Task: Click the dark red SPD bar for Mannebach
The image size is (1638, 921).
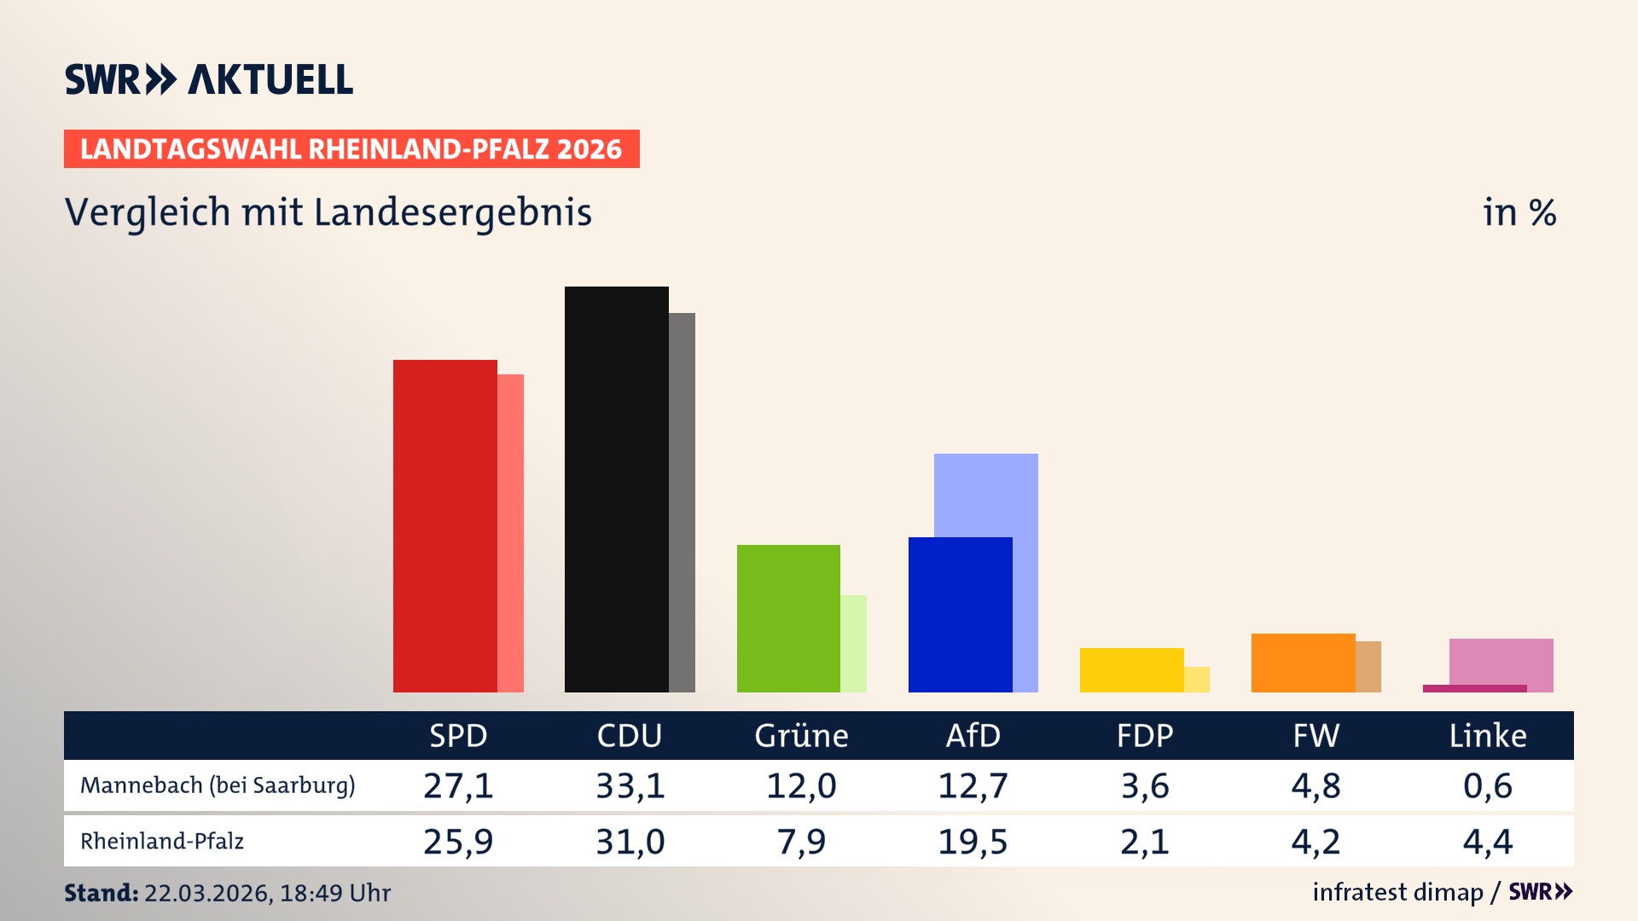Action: (444, 525)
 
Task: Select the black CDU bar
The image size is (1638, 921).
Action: (616, 489)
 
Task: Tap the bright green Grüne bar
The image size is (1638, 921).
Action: (788, 618)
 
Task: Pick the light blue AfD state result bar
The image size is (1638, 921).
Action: (986, 495)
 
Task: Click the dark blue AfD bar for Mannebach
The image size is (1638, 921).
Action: (960, 614)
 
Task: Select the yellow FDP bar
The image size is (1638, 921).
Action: (1131, 669)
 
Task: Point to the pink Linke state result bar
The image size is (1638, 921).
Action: (1501, 661)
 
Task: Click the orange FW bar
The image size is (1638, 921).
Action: (1303, 663)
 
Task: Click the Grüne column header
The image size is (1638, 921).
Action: (801, 735)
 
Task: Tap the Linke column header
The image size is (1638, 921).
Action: (1488, 735)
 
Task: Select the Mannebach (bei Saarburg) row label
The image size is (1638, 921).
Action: (218, 785)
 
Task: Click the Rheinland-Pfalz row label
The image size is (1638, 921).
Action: (162, 841)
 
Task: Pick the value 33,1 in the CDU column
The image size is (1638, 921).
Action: (630, 785)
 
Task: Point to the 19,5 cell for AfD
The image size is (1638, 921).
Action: (973, 842)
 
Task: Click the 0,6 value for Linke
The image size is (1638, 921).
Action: (1488, 785)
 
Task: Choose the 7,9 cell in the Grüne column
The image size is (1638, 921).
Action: (801, 842)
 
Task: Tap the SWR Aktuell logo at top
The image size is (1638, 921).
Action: (209, 79)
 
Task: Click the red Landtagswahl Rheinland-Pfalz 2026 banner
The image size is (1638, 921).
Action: (351, 149)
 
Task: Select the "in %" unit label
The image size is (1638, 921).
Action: (1519, 212)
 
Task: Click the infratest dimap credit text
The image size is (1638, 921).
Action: (1397, 892)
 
